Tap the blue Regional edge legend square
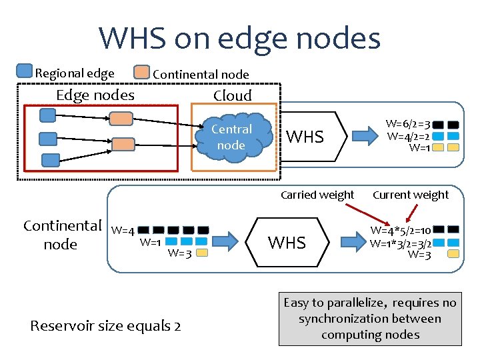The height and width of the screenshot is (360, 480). (x=24, y=71)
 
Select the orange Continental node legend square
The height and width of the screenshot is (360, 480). (x=142, y=72)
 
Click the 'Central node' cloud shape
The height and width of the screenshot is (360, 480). (x=231, y=138)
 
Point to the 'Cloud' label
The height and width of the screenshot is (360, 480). (x=232, y=95)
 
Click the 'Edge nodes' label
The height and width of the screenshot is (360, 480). (x=95, y=95)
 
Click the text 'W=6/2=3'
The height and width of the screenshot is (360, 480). (x=408, y=124)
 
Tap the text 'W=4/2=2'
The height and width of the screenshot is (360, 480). (x=407, y=136)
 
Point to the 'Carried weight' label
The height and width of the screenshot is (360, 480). (x=317, y=195)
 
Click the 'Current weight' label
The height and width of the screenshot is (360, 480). (x=411, y=195)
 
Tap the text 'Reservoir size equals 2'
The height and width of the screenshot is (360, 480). (x=105, y=326)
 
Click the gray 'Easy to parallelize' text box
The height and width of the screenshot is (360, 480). (x=370, y=319)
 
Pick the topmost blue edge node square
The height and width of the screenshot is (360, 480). (x=47, y=115)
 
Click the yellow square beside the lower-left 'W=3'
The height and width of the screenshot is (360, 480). (x=202, y=253)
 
